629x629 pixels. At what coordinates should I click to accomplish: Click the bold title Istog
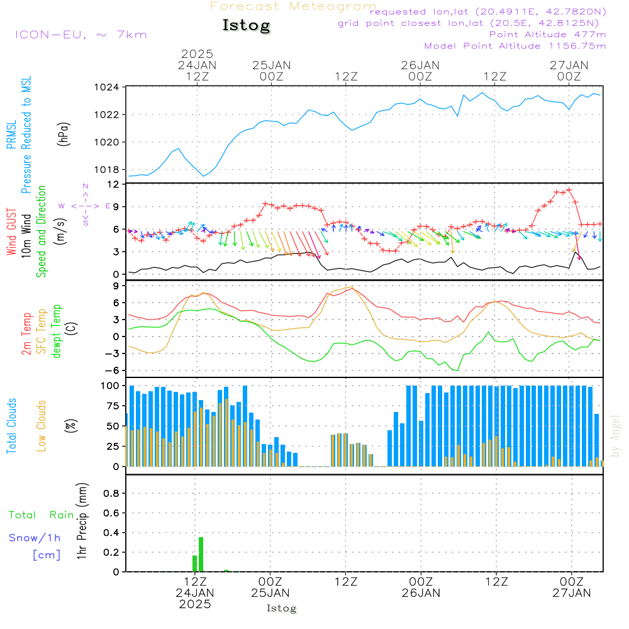(246, 26)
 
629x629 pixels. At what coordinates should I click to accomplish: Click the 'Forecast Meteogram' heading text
(293, 6)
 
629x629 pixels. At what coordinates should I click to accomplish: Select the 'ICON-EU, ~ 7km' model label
(81, 34)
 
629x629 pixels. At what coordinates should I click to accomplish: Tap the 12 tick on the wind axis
(114, 184)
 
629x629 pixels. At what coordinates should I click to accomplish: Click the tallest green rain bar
(201, 554)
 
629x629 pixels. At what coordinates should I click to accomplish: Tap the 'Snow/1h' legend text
(35, 538)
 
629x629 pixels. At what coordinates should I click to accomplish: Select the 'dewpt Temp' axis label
(57, 331)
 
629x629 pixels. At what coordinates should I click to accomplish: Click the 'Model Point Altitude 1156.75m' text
(515, 46)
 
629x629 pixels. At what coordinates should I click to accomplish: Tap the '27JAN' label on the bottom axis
(571, 593)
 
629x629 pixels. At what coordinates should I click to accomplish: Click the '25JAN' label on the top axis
(272, 65)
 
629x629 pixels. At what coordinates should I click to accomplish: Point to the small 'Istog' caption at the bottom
(281, 608)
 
